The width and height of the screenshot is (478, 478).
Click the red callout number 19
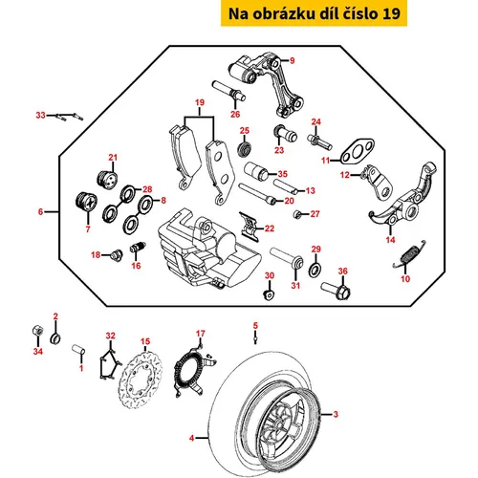coord(200,102)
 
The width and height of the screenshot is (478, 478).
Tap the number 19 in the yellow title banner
coord(391,13)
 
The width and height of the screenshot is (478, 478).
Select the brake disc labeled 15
coord(141,380)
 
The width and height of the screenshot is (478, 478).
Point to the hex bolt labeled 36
coord(337,290)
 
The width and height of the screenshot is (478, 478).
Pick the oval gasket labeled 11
coord(357,150)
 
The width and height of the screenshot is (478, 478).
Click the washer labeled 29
coord(315,270)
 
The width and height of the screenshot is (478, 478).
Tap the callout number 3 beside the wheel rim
coord(336,414)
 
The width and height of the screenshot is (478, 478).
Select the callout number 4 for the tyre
coord(191,438)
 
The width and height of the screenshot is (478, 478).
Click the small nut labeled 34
coord(38,330)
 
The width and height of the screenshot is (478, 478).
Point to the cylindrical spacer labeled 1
coord(78,349)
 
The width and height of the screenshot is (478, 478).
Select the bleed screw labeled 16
coord(138,248)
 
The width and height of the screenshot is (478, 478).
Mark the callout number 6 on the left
coord(40,211)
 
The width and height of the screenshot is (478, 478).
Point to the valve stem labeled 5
coord(255,337)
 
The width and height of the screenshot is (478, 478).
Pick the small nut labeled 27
coord(297,214)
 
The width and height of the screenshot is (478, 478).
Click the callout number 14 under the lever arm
coord(390,240)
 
